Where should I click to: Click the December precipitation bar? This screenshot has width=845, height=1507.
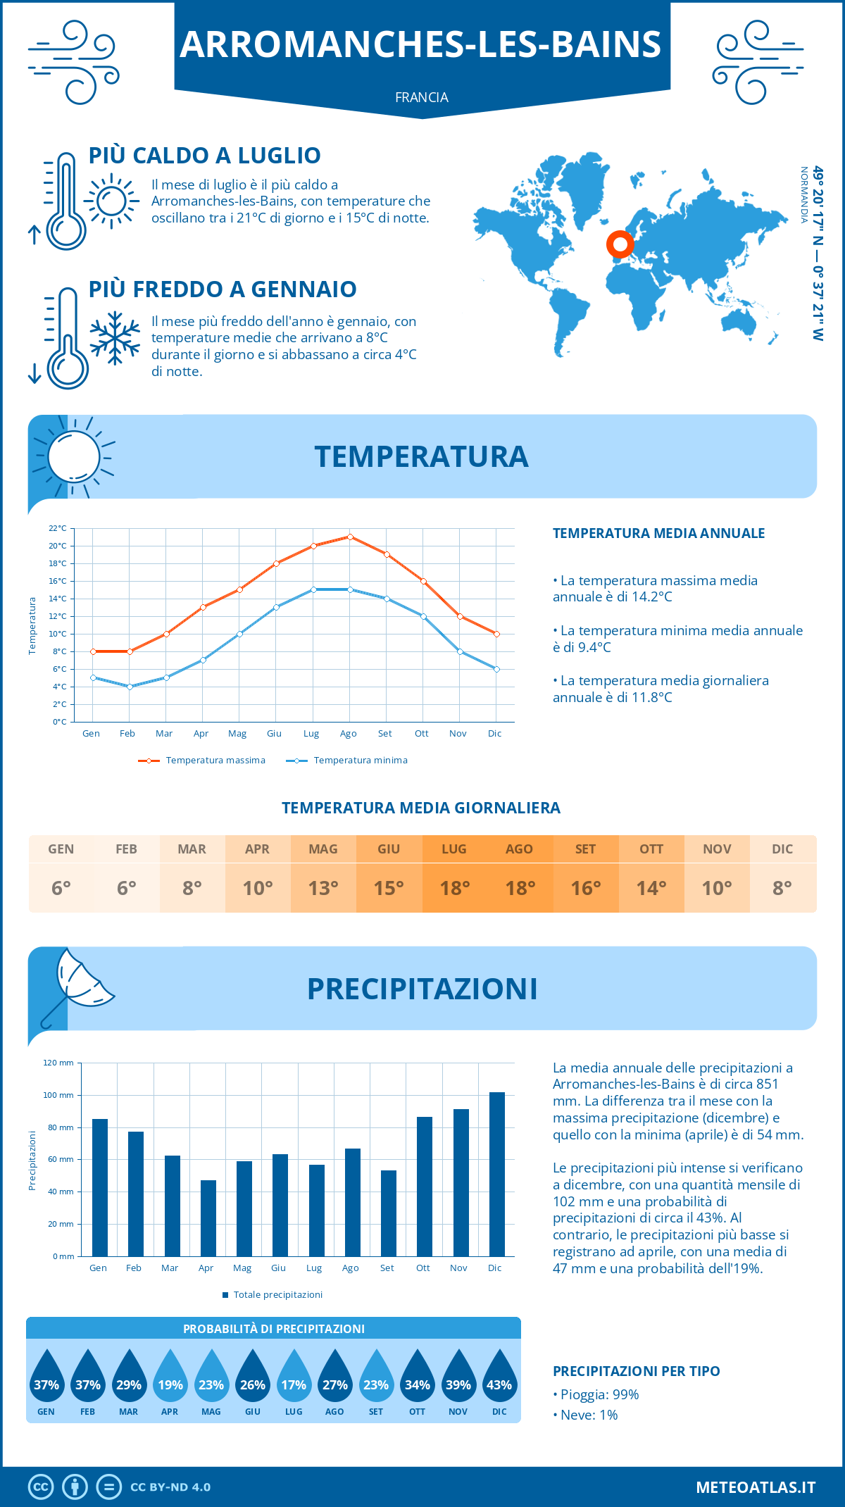[497, 1174]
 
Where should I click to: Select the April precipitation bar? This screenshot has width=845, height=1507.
[208, 1218]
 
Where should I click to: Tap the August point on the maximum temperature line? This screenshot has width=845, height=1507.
[350, 537]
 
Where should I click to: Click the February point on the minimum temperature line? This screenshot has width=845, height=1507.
[130, 687]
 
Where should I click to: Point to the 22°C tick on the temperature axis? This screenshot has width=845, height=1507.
[58, 528]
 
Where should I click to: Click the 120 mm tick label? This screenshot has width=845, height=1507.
[58, 1063]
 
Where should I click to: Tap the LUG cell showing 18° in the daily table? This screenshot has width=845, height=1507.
[454, 888]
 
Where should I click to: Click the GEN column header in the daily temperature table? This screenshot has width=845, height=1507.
[61, 849]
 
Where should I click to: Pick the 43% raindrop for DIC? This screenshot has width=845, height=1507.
[499, 1377]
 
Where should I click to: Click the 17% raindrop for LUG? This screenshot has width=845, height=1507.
[294, 1377]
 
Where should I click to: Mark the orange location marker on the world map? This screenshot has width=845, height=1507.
[620, 244]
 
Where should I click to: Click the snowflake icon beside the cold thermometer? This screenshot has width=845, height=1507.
[115, 338]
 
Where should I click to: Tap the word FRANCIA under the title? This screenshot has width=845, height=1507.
[422, 97]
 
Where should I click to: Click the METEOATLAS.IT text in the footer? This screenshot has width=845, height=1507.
[756, 1487]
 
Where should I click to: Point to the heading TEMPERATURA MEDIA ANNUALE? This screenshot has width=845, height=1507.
[658, 533]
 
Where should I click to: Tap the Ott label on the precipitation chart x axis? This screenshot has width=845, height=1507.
[423, 1268]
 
